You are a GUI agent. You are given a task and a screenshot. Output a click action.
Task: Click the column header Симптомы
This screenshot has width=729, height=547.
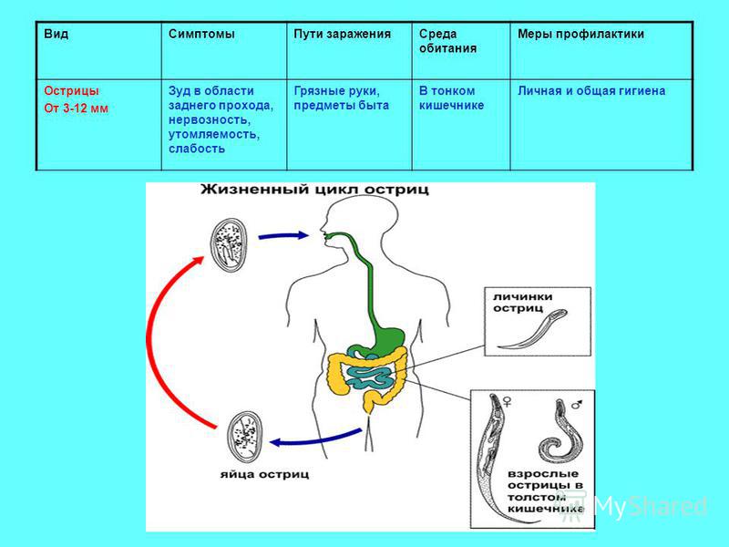[201, 34]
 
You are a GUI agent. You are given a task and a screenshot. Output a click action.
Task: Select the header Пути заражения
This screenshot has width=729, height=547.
[342, 34]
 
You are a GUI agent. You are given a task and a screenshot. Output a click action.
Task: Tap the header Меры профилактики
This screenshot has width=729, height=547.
[580, 34]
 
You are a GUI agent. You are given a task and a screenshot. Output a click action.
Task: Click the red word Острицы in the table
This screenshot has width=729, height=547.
[71, 90]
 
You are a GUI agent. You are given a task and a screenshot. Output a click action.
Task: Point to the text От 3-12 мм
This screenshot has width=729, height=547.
[76, 108]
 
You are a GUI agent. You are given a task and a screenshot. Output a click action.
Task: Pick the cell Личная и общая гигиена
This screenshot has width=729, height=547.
[591, 90]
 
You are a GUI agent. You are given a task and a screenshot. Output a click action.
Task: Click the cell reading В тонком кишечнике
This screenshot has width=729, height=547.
[451, 98]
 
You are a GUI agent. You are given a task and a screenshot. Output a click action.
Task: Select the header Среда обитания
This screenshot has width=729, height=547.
[447, 41]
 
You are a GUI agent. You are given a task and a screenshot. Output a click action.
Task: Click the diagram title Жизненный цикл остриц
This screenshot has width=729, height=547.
[314, 190]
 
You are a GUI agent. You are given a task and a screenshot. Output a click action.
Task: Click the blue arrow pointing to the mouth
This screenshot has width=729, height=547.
[282, 236]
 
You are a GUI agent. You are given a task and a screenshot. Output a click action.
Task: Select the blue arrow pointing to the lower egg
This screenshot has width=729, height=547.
[316, 439]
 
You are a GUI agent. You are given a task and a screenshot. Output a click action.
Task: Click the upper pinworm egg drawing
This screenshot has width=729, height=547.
[229, 244]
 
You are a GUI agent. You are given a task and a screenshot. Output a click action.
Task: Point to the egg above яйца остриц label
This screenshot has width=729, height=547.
[245, 438]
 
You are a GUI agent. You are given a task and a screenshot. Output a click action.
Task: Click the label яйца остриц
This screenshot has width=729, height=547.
[264, 474]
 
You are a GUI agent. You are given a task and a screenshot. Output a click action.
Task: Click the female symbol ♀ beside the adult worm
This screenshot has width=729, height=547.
[507, 400]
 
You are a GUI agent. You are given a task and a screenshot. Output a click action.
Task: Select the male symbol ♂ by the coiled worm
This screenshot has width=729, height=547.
[577, 404]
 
